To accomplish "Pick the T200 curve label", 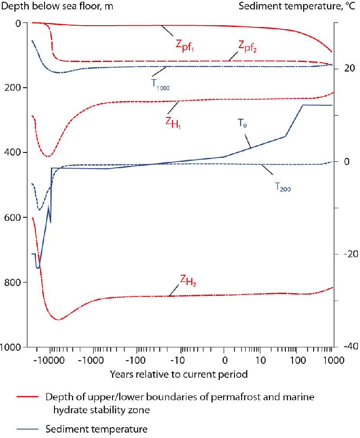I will [283, 188].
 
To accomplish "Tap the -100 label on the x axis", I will [137, 361].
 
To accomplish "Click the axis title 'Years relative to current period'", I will [179, 374].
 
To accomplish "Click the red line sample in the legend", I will [29, 398].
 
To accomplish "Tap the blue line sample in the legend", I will [29, 429].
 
